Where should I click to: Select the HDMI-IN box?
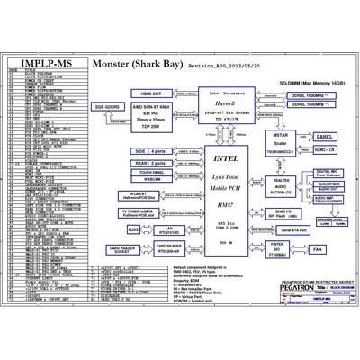(x=326, y=151)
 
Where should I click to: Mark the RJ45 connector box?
(x=134, y=230)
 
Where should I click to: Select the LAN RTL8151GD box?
(x=168, y=230)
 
